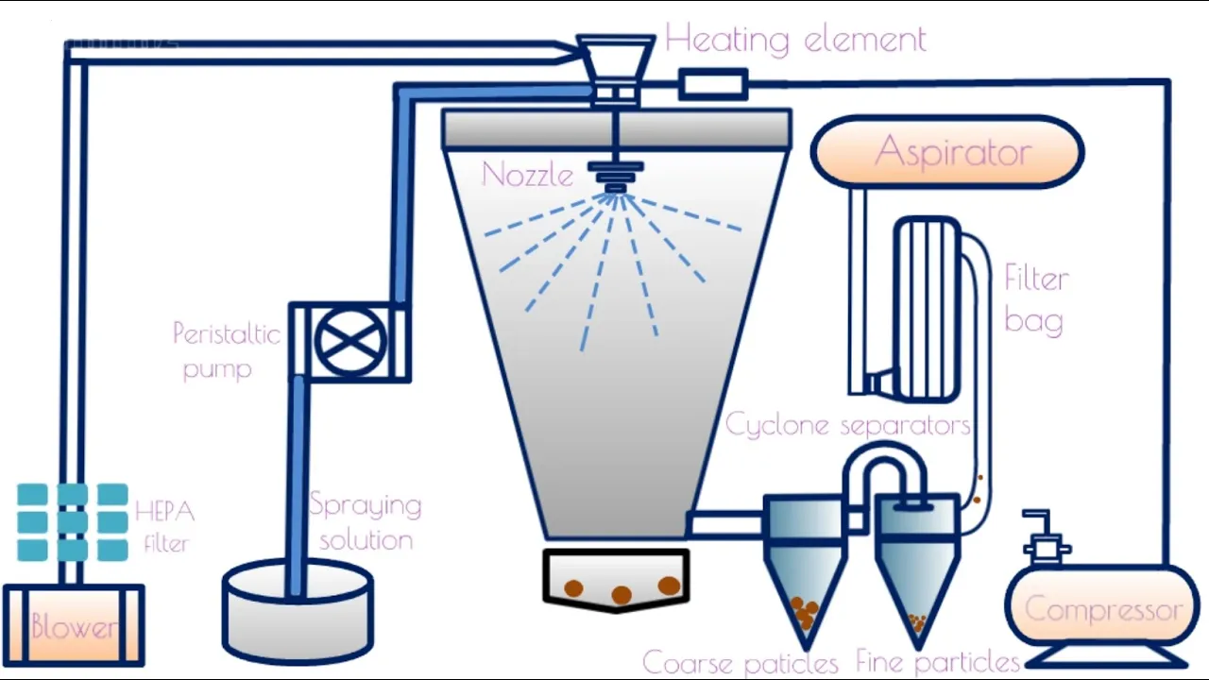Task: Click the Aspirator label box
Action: (x=947, y=152)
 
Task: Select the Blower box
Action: (x=74, y=624)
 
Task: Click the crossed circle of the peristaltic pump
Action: (x=350, y=342)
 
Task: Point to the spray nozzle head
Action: (x=616, y=176)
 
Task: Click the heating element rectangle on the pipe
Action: (x=713, y=84)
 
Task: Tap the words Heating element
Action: (x=795, y=40)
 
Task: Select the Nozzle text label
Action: (x=528, y=175)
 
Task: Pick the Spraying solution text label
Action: (x=366, y=521)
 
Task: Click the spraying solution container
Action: (x=298, y=609)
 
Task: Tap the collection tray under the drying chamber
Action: (x=616, y=579)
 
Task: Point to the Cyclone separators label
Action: (x=847, y=425)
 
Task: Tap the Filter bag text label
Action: (x=1035, y=299)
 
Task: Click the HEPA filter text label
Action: (x=164, y=526)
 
